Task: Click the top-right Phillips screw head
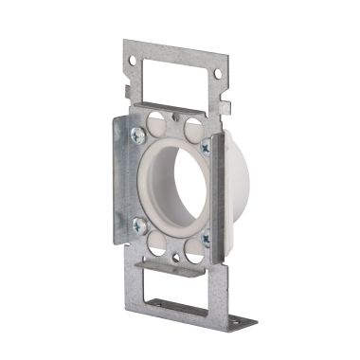click(206, 147)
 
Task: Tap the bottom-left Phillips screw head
click(139, 225)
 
